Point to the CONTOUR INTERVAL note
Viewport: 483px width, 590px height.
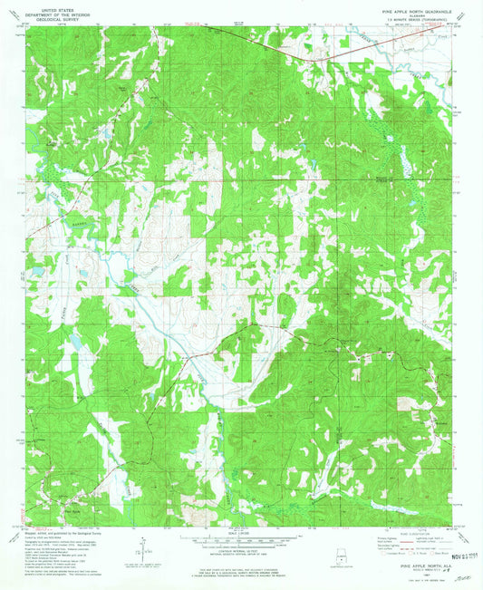coord(241,552)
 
